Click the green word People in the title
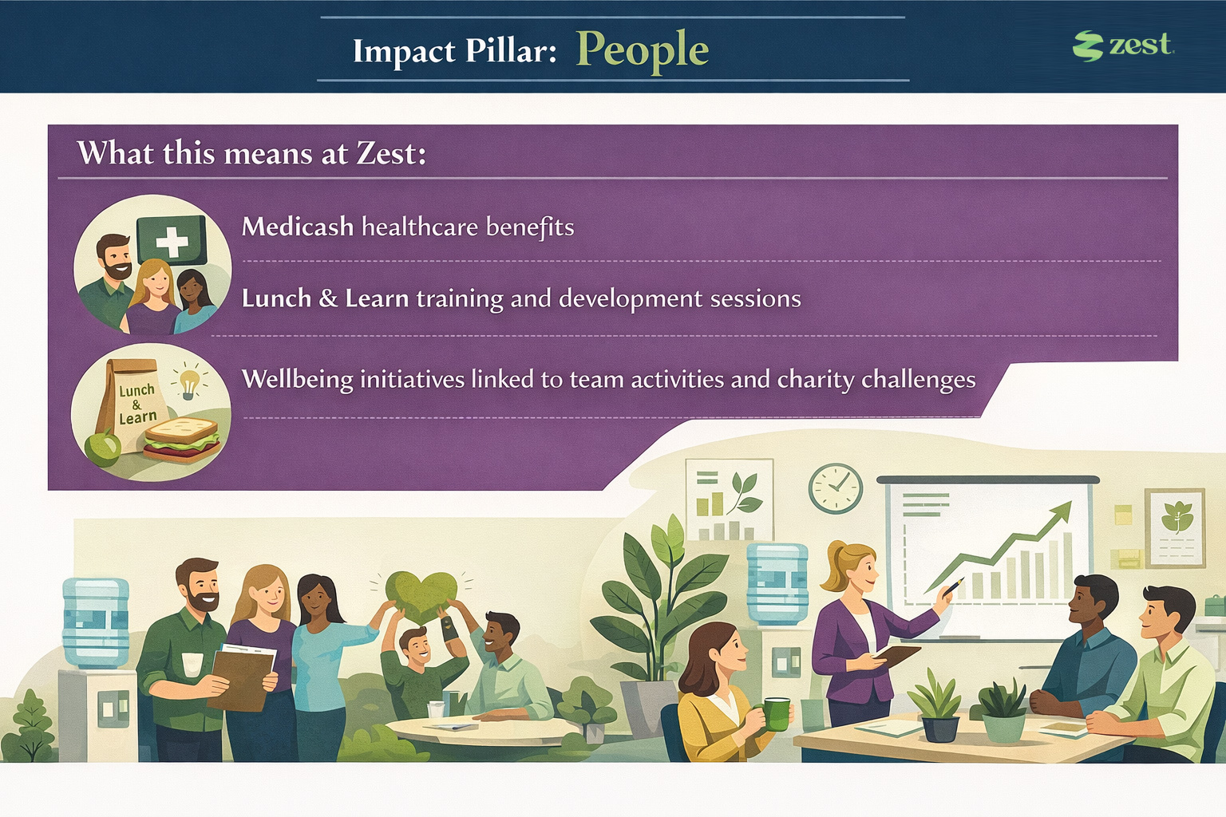pyautogui.click(x=643, y=51)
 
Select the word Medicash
pyautogui.click(x=298, y=227)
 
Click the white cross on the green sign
pyautogui.click(x=172, y=241)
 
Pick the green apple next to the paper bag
pyautogui.click(x=103, y=448)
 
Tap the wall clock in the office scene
pyautogui.click(x=835, y=488)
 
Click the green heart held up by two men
pyautogui.click(x=421, y=597)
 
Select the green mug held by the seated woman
pyautogui.click(x=777, y=714)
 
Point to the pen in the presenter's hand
pyautogui.click(x=953, y=586)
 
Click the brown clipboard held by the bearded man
pyautogui.click(x=241, y=679)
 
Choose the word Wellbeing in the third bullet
pyautogui.click(x=298, y=379)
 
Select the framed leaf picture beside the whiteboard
pyautogui.click(x=1175, y=528)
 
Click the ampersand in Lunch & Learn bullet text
pyautogui.click(x=328, y=298)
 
